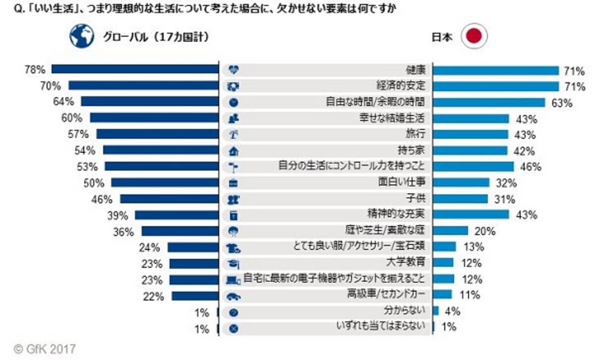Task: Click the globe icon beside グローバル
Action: click(82, 36)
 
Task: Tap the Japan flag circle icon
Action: click(475, 37)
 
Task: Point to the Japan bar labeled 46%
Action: click(474, 167)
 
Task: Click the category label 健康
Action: click(416, 70)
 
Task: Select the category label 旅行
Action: click(416, 134)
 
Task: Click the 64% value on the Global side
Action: click(65, 102)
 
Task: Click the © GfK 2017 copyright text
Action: click(45, 349)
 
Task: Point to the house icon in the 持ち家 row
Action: click(233, 151)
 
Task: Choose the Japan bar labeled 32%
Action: click(461, 182)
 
